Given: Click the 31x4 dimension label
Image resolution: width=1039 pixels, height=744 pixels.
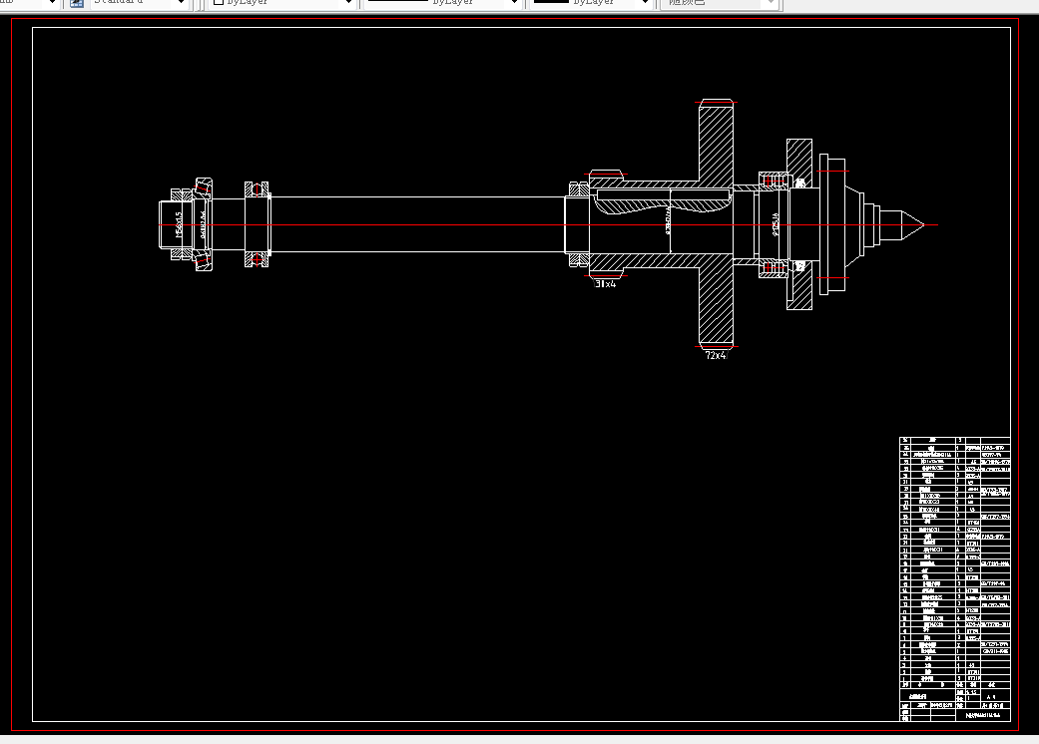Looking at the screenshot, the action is pos(606,284).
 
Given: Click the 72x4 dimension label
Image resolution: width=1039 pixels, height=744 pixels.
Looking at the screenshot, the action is pos(716,355).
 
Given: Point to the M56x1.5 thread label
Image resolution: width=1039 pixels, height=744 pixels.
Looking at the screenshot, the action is pos(179,224).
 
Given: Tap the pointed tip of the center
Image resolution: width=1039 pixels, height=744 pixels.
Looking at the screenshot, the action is pos(919,223).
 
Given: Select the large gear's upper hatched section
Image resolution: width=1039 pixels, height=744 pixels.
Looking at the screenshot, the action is pos(716,145).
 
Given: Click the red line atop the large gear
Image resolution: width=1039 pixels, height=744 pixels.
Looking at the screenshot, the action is pos(716,102).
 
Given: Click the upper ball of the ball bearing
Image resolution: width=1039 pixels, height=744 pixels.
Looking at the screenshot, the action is pos(258,188).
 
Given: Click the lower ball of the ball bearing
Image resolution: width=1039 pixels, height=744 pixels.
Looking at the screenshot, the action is pos(258,260).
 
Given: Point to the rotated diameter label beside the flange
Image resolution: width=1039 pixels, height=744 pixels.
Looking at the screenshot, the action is pos(776,225).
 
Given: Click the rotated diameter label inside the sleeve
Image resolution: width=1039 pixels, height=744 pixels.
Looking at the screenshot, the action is pos(667,225).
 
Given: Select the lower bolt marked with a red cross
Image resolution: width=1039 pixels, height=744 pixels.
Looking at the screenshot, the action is pos(773,266).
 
